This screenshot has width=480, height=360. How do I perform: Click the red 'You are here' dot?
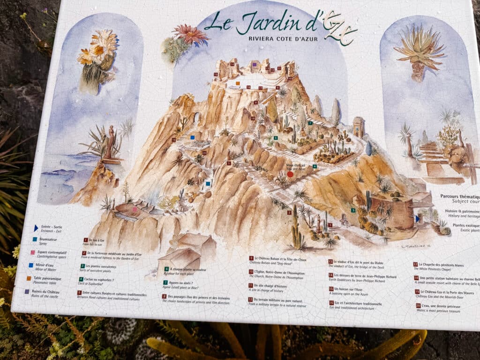pyautogui.click(x=290, y=174)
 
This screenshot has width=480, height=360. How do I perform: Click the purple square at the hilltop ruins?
pyautogui.click(x=254, y=64)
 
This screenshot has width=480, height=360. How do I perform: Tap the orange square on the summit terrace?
pyautogui.click(x=238, y=83)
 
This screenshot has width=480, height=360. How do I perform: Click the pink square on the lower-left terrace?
pyautogui.click(x=135, y=210)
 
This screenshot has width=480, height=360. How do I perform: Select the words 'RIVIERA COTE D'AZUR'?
pyautogui.click(x=283, y=38)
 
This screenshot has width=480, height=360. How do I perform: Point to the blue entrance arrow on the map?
pyautogui.click(x=417, y=218)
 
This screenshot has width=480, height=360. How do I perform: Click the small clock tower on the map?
pyautogui.click(x=359, y=127)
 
